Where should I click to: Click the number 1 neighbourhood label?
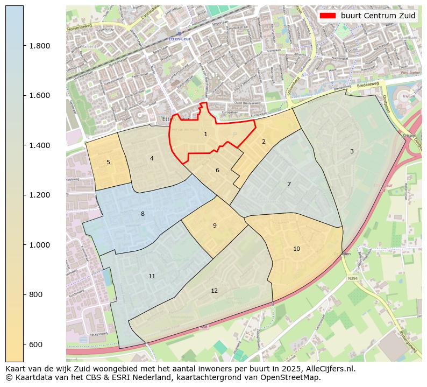(205, 134)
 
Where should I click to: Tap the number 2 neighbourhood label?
(264, 142)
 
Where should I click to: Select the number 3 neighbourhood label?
(352, 151)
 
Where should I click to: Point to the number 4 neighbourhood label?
(152, 158)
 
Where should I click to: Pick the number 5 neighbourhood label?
(108, 162)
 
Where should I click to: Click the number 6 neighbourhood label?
(217, 170)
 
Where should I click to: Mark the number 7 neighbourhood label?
(289, 184)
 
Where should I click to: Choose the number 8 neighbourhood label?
(143, 214)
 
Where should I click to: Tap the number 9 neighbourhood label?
(215, 226)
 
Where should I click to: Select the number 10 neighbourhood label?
(296, 249)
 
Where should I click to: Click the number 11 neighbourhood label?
(152, 276)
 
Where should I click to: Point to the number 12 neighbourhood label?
(214, 291)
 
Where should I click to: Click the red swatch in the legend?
(328, 16)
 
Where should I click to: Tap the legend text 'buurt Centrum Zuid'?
(378, 16)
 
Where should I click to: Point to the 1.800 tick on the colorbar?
(39, 46)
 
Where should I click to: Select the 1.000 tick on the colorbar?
(39, 245)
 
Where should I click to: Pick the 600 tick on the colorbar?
(36, 344)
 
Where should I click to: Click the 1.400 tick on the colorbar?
(39, 145)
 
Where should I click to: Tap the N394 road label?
(352, 278)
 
